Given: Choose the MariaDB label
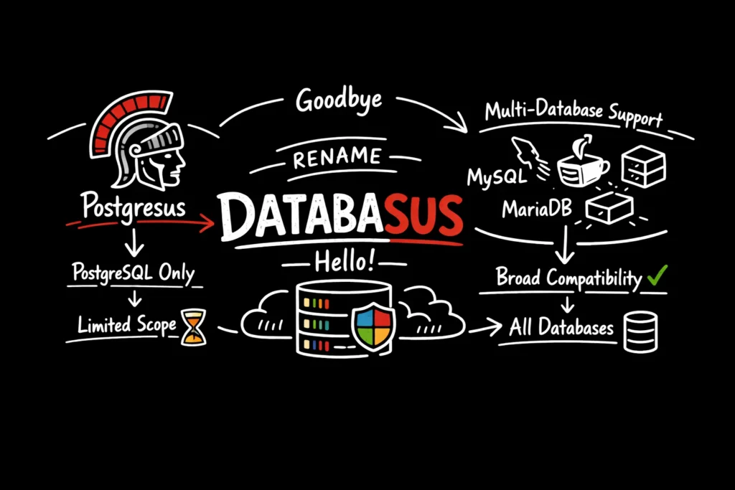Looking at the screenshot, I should click(535, 210).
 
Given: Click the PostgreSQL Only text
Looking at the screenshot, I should click(134, 273).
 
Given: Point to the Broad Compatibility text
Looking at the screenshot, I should click(568, 277).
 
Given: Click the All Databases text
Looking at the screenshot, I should click(561, 328).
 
